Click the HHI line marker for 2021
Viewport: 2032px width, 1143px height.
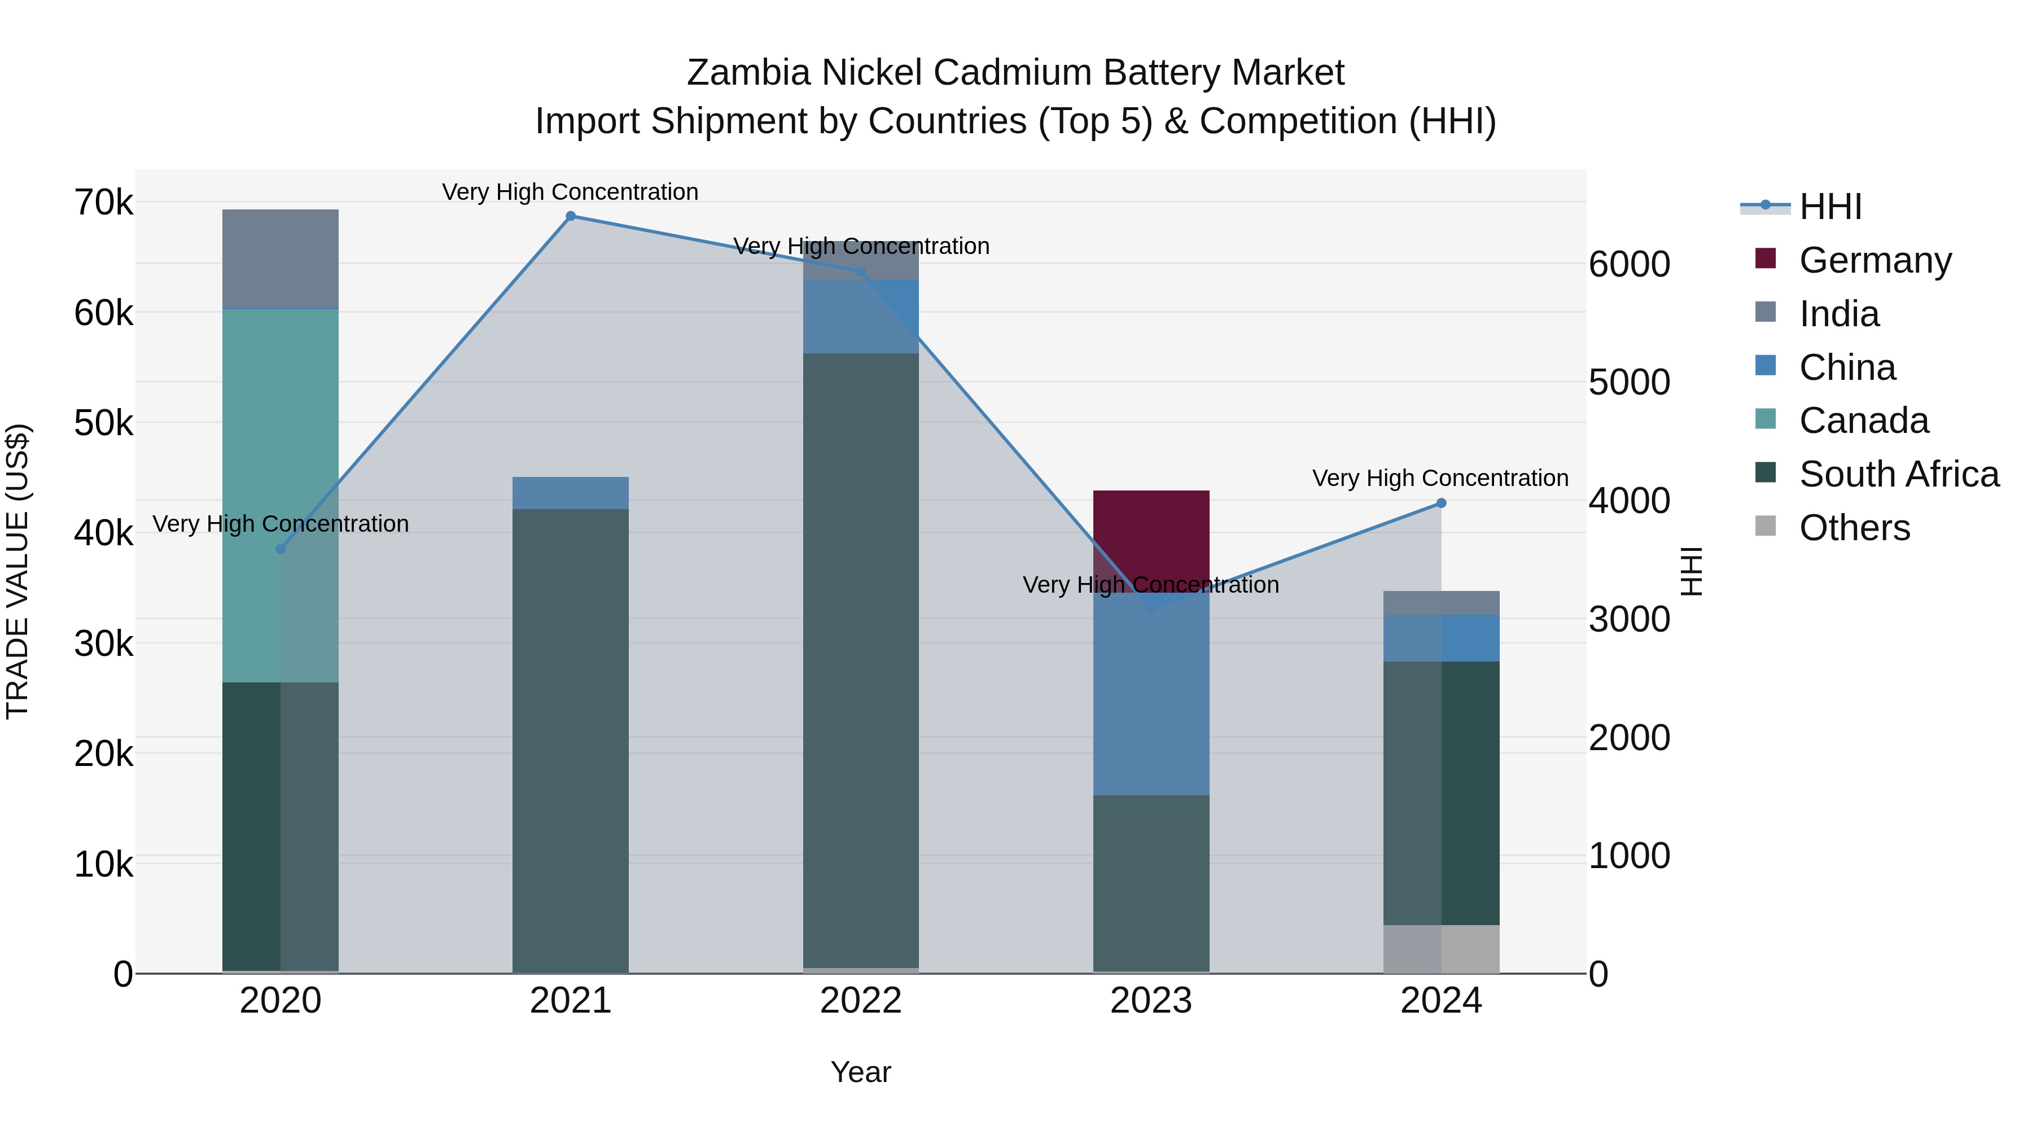pos(570,216)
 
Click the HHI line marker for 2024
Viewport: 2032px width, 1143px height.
pos(1441,503)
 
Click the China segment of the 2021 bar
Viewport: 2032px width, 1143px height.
pos(570,493)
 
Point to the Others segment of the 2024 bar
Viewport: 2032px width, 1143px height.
pos(1441,949)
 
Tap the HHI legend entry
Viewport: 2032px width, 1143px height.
pos(1830,207)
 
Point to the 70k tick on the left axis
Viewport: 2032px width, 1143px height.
pos(103,203)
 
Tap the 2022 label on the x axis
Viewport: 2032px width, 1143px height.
pos(861,1001)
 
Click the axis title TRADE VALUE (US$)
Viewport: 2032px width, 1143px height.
pos(17,571)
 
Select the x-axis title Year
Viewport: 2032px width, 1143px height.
pos(861,1072)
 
